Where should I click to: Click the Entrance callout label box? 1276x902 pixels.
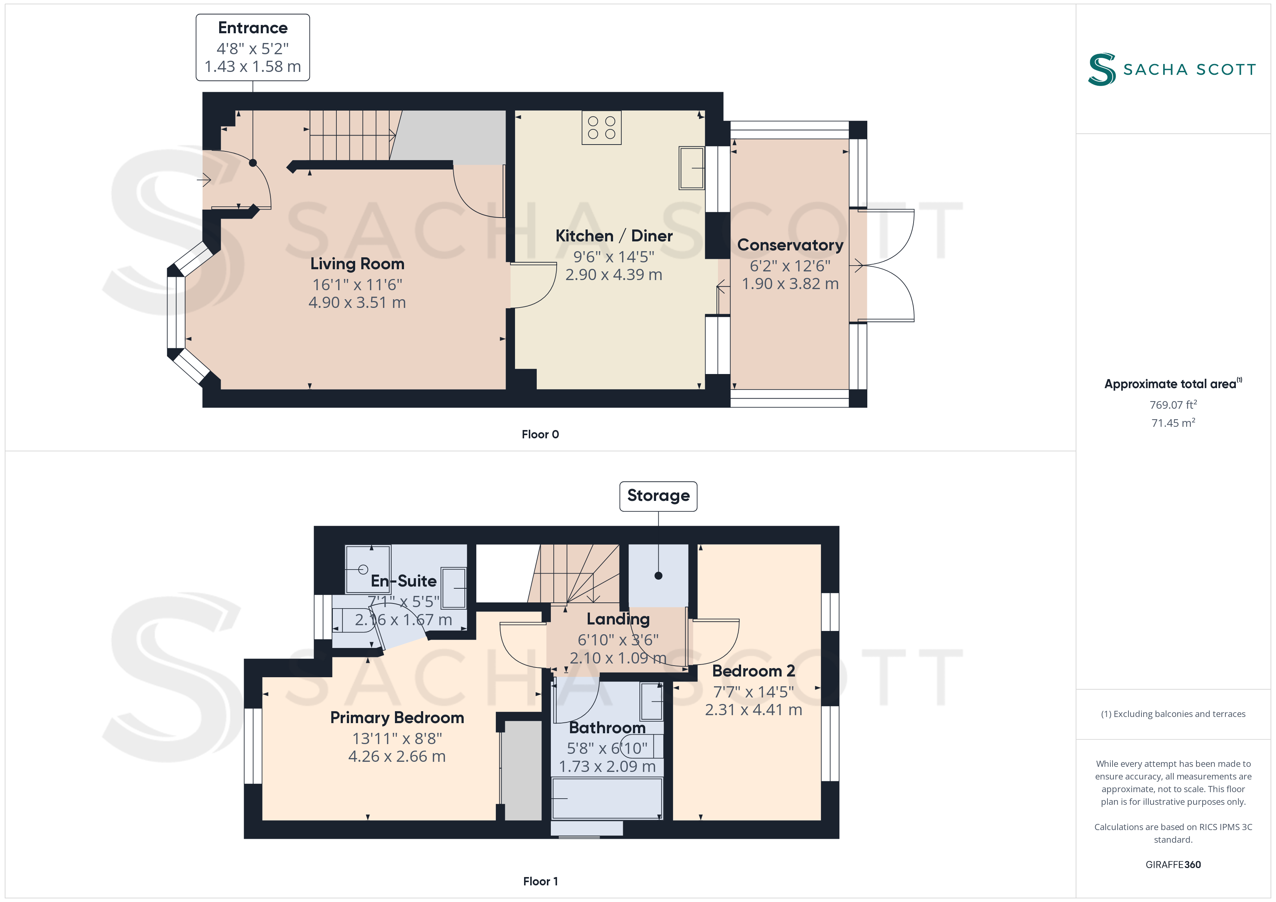click(x=252, y=47)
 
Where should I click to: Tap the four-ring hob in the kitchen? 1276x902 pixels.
click(x=601, y=127)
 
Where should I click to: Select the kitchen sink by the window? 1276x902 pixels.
click(x=692, y=168)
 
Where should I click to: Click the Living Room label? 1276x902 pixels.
click(x=357, y=263)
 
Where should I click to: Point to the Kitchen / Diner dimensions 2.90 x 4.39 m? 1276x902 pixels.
click(x=613, y=274)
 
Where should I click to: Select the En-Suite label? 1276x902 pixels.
click(x=404, y=581)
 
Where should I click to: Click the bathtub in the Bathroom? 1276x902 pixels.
click(x=607, y=798)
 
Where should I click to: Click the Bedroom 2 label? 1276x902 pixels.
click(x=754, y=671)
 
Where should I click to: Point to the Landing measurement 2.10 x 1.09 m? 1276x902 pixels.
click(x=618, y=658)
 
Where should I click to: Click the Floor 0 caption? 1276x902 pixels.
click(x=540, y=434)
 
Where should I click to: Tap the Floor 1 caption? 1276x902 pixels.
click(x=540, y=881)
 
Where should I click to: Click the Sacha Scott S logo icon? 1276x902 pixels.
click(x=1102, y=69)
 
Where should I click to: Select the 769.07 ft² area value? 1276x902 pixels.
click(x=1173, y=404)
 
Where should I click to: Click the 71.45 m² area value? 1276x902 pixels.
click(x=1173, y=423)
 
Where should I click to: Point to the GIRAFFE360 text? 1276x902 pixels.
click(x=1173, y=865)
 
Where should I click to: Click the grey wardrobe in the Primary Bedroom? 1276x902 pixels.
click(x=521, y=770)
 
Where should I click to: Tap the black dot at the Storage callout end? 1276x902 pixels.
click(x=659, y=575)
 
